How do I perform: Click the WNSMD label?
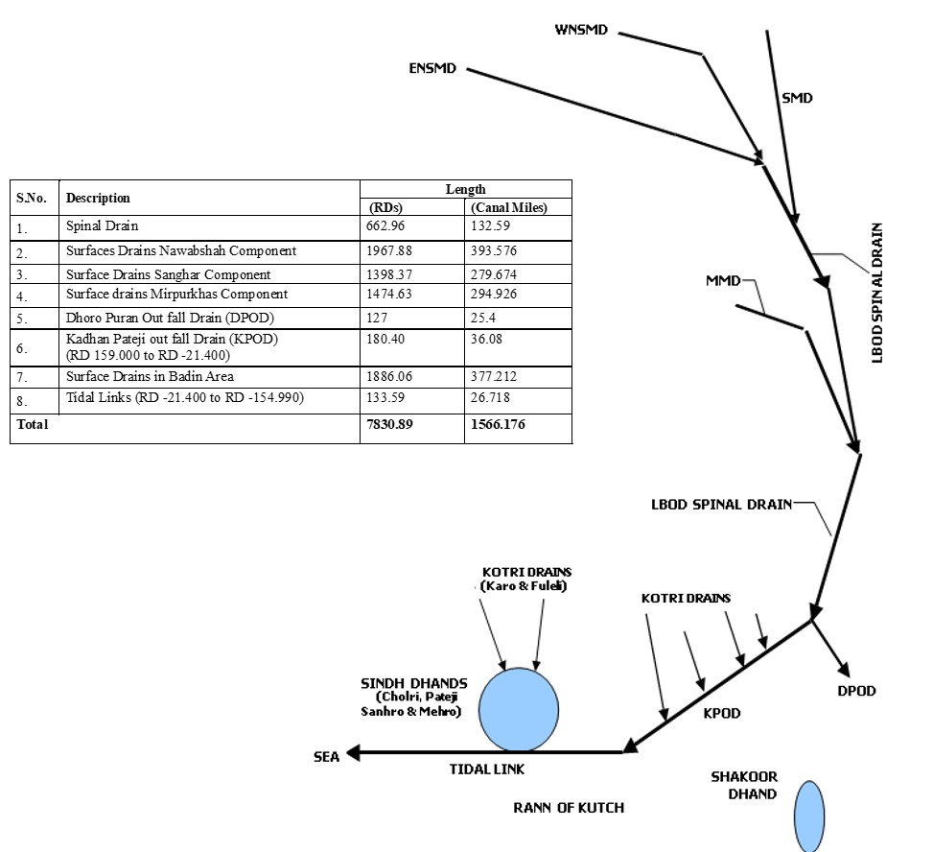point(581,30)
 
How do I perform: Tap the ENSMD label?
point(432,69)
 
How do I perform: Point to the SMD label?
point(797,98)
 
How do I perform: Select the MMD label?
point(723,281)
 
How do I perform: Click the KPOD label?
point(722,714)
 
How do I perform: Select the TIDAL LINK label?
point(487,769)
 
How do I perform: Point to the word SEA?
point(327,756)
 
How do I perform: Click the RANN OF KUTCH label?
point(569,808)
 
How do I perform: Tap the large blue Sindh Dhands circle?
point(519,710)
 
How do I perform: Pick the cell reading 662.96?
point(385,227)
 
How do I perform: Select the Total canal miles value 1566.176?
point(498,424)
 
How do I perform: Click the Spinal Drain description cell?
point(103,227)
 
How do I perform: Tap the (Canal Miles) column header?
point(508,207)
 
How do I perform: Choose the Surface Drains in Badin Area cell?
point(150,376)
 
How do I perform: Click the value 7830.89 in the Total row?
point(389,424)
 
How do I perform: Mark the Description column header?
point(98,198)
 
